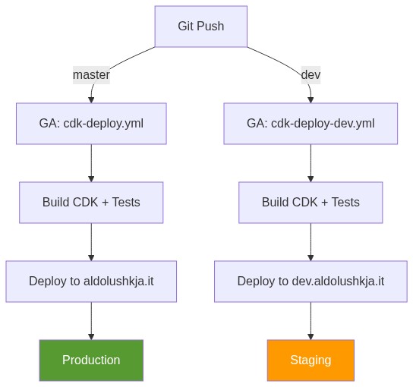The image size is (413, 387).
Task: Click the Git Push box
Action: point(200,26)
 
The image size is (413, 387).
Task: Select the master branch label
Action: point(91,75)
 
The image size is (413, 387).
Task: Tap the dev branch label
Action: point(311,75)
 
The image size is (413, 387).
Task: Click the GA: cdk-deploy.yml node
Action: point(91,123)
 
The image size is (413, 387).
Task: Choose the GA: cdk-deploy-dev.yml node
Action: point(311,123)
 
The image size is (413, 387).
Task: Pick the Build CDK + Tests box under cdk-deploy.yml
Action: point(91,202)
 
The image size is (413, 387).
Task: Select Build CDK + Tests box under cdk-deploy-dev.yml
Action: point(311,202)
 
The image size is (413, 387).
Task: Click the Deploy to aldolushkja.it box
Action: point(91,281)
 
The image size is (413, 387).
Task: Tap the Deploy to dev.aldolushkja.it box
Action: point(311,281)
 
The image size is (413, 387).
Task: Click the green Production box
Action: point(91,360)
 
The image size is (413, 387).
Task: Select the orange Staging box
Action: point(311,360)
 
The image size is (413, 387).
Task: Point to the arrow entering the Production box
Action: point(91,322)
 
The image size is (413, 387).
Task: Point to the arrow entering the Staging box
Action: point(311,322)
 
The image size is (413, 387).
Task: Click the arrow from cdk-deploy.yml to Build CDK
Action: point(91,163)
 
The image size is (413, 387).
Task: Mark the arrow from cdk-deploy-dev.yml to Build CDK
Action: point(311,163)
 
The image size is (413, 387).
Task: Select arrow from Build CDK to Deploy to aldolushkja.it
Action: point(91,242)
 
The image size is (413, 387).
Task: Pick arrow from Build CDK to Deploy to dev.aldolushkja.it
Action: point(311,242)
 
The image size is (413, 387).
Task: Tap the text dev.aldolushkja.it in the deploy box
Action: point(338,281)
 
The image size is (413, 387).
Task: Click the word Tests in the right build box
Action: point(345,202)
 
